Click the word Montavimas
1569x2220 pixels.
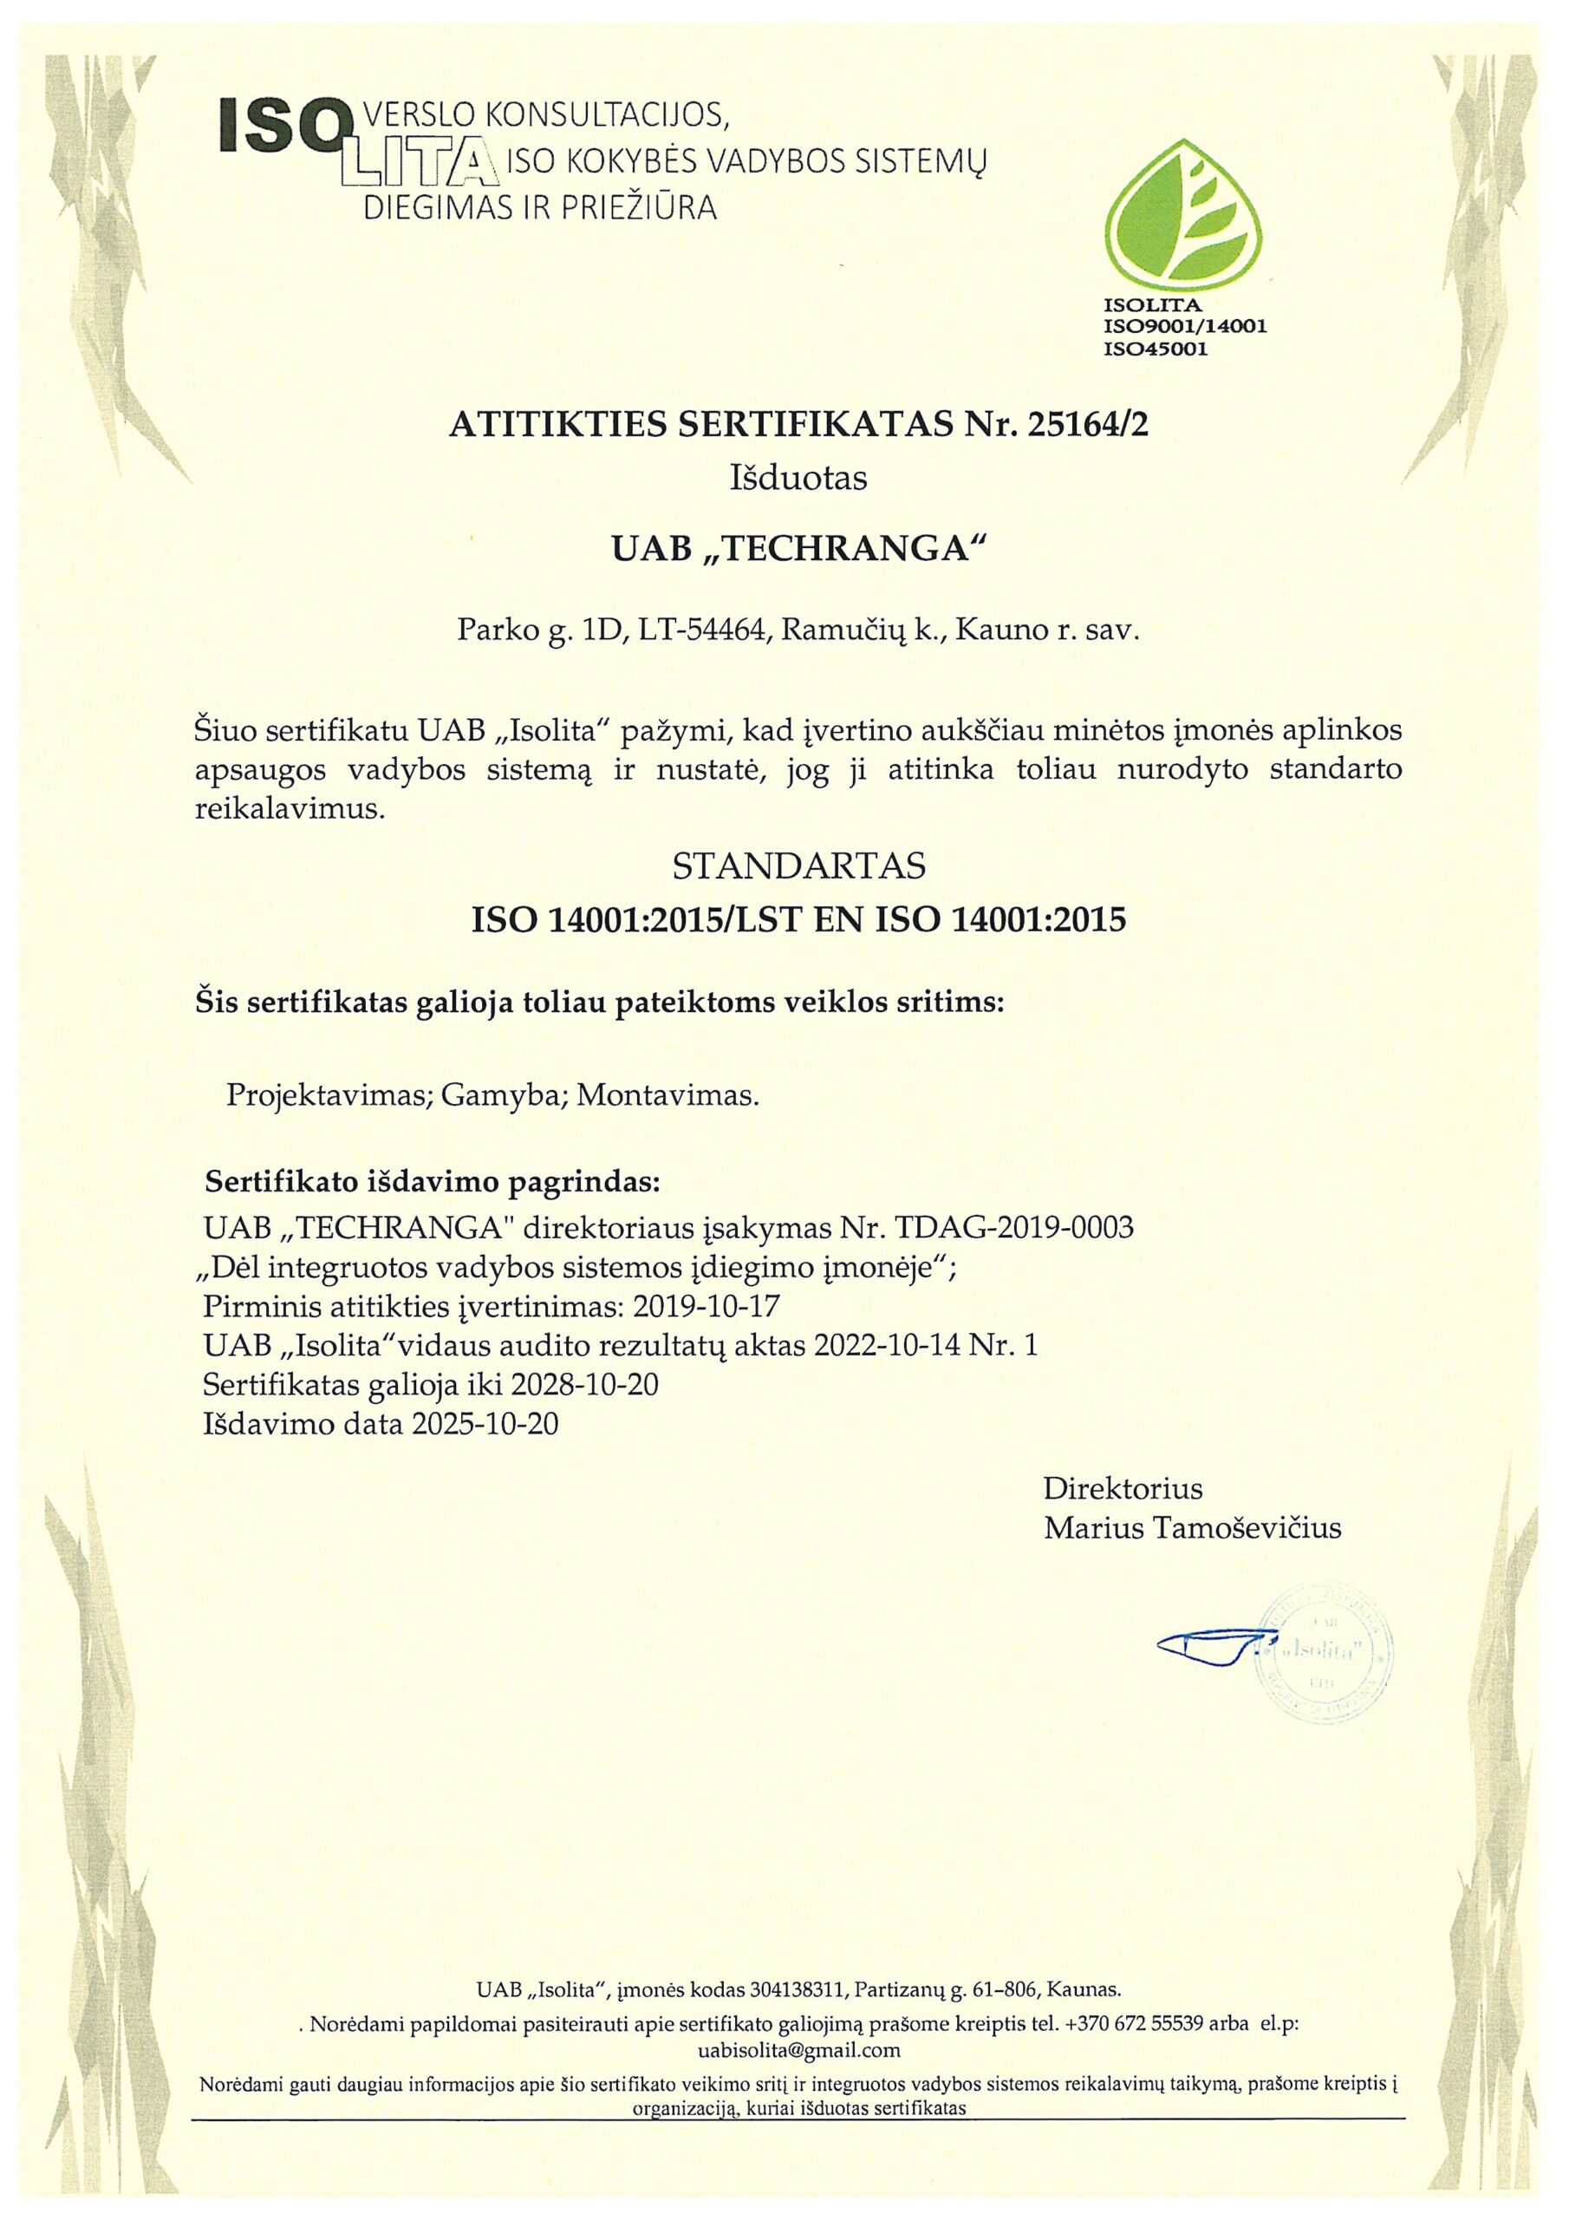[x=668, y=1095]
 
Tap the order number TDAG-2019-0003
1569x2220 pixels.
[x=1015, y=1228]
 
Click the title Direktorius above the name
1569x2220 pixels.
[x=1123, y=1487]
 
